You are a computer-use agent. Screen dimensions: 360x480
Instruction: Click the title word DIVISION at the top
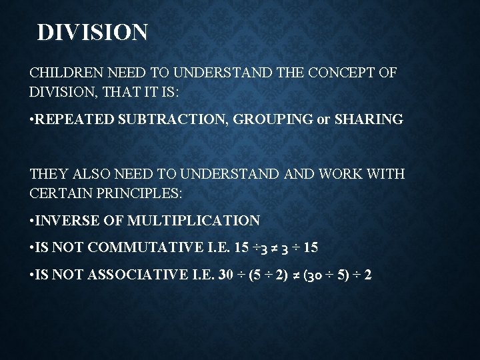[x=93, y=33]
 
